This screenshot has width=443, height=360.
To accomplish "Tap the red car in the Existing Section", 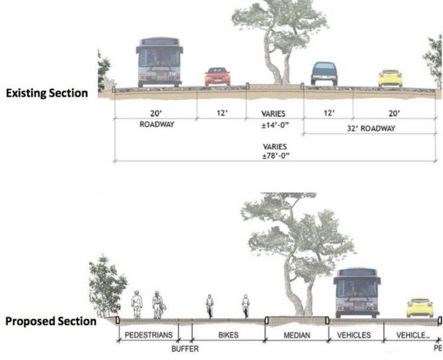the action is pyautogui.click(x=216, y=77).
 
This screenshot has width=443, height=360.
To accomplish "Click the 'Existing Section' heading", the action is pyautogui.click(x=47, y=93).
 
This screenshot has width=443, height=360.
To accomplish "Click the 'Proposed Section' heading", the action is pyautogui.click(x=50, y=322).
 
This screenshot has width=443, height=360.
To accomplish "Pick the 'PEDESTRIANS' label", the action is pyautogui.click(x=148, y=335).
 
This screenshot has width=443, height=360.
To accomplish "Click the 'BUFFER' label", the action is pyautogui.click(x=185, y=349).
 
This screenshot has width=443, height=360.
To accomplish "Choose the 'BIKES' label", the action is pyautogui.click(x=228, y=335).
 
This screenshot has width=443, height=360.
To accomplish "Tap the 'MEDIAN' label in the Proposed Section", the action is pyautogui.click(x=297, y=335).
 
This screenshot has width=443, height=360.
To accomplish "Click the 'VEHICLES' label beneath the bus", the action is pyautogui.click(x=355, y=335).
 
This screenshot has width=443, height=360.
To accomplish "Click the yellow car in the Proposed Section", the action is pyautogui.click(x=421, y=308).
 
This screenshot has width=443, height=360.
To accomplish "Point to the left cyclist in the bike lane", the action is pyautogui.click(x=209, y=306).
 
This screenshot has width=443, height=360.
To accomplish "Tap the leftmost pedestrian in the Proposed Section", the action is pyautogui.click(x=136, y=304).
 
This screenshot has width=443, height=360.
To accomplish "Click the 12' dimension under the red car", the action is pyautogui.click(x=222, y=113).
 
